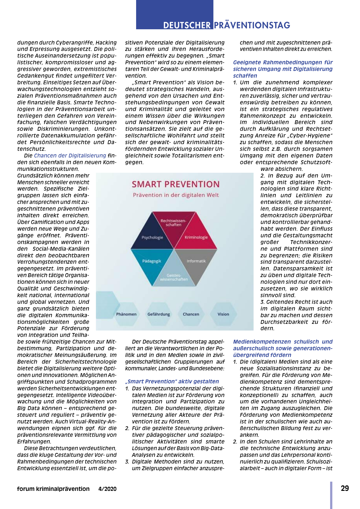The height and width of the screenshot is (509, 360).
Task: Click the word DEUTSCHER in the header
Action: click(x=187, y=25)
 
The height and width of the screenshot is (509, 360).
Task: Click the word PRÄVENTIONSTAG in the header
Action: click(x=252, y=25)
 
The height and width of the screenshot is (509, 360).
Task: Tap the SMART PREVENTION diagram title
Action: click(x=176, y=184)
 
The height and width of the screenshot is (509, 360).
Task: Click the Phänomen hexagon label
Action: click(x=126, y=314)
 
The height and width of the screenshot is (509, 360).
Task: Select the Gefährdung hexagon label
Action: click(x=159, y=314)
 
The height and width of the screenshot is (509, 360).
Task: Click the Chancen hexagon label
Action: click(x=191, y=314)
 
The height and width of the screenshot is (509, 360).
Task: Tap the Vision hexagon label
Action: click(x=223, y=314)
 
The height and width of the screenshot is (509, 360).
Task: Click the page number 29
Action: click(x=345, y=489)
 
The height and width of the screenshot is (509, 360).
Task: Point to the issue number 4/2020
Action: click(x=107, y=489)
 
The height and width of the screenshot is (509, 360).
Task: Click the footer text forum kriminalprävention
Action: click(x=53, y=489)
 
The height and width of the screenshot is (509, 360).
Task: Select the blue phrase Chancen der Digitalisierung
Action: click(x=70, y=156)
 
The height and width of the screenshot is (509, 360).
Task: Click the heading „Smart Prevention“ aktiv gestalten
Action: click(x=172, y=381)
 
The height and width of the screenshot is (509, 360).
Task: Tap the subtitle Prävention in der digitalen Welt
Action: click(x=176, y=195)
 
